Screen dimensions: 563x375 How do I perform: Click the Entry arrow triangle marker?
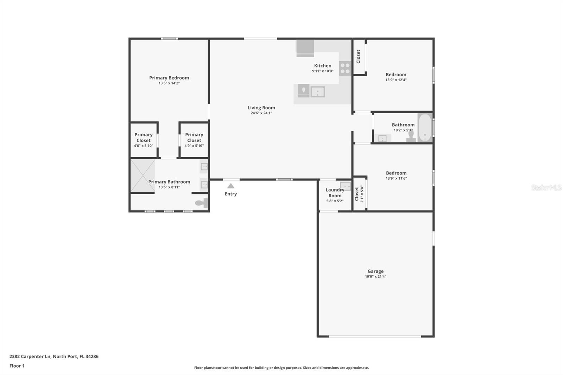click(231, 186)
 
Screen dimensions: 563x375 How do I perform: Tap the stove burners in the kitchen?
click(345, 68)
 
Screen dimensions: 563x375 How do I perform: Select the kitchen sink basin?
click(318, 92)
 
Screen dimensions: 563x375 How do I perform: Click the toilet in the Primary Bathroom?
click(202, 203)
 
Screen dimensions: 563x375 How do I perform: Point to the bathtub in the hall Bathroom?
click(425, 128)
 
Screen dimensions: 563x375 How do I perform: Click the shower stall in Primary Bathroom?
click(143, 176)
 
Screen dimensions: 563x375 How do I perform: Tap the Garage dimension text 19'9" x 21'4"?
click(375, 277)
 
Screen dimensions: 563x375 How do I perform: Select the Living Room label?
click(261, 108)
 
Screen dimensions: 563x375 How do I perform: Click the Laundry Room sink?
click(346, 186)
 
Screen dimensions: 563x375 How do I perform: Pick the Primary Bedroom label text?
click(169, 78)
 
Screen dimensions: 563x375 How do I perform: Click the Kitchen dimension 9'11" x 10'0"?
click(323, 71)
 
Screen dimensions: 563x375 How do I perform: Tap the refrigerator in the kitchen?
click(305, 48)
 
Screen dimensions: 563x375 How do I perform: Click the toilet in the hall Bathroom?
click(411, 136)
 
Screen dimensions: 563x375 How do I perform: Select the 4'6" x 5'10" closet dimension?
click(144, 146)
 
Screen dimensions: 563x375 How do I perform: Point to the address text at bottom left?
click(54, 356)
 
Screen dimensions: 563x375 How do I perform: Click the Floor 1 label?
click(17, 366)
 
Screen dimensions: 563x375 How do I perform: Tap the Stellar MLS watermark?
click(546, 187)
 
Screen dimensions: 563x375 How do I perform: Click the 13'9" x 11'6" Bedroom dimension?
click(396, 178)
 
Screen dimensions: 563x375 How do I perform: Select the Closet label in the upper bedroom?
click(359, 57)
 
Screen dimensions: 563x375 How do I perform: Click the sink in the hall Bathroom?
click(382, 138)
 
